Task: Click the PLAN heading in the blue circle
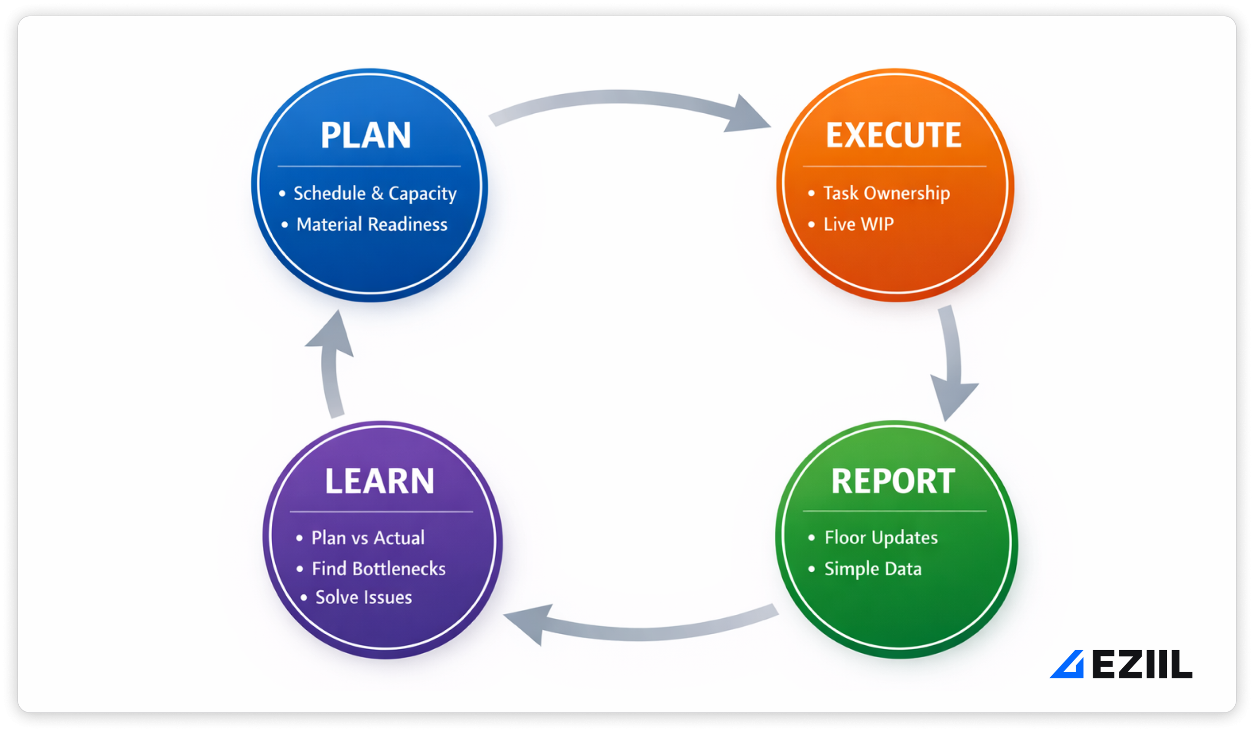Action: tap(366, 135)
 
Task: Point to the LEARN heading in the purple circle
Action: tap(379, 481)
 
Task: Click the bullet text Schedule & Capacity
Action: tap(375, 194)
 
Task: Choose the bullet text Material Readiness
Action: tap(372, 224)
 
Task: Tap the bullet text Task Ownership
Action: tap(886, 193)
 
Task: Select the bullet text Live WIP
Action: tap(858, 224)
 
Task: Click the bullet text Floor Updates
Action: tap(881, 537)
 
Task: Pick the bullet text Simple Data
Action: tap(873, 569)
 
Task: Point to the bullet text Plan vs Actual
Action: tap(368, 538)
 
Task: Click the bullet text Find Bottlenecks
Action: tap(378, 569)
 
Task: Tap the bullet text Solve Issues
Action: tap(363, 597)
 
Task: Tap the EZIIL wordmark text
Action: tap(1142, 665)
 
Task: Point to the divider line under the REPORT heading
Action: tap(894, 511)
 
